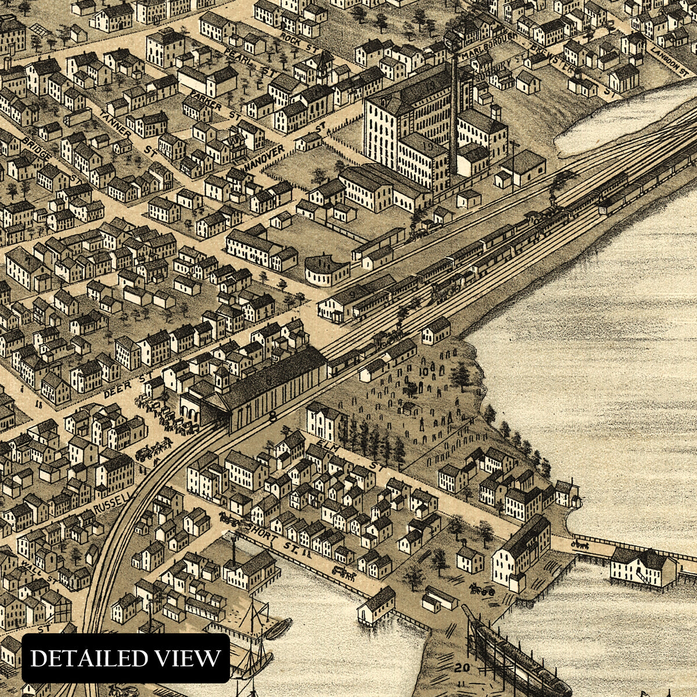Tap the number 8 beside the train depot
point(272,416)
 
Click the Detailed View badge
point(125,658)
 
